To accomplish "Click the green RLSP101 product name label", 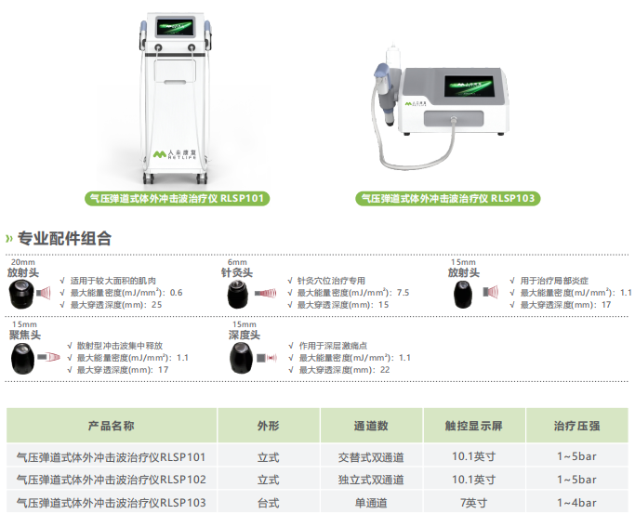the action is (177, 198).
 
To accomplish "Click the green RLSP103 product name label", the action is (448, 198).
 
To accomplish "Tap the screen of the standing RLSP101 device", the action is (176, 28).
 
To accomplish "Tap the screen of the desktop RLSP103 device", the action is (470, 86).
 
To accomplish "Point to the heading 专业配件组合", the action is (64, 238).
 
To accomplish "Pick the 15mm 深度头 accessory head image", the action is (242, 358).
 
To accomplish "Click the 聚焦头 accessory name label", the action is (25, 335).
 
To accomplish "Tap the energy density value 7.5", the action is (403, 293).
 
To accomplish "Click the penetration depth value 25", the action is (157, 305).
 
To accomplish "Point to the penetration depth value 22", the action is (385, 370).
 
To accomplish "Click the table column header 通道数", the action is (371, 426).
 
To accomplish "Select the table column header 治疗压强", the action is (576, 426).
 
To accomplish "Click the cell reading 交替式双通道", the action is (371, 457).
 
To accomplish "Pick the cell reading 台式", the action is (268, 503).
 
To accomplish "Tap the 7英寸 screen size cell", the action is (474, 503).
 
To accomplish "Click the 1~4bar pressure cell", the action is (576, 503).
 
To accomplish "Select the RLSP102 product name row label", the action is (111, 480).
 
